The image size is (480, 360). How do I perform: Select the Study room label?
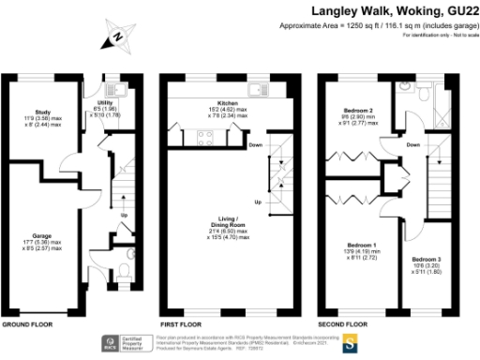42,118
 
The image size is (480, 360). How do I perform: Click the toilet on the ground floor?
127,275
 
